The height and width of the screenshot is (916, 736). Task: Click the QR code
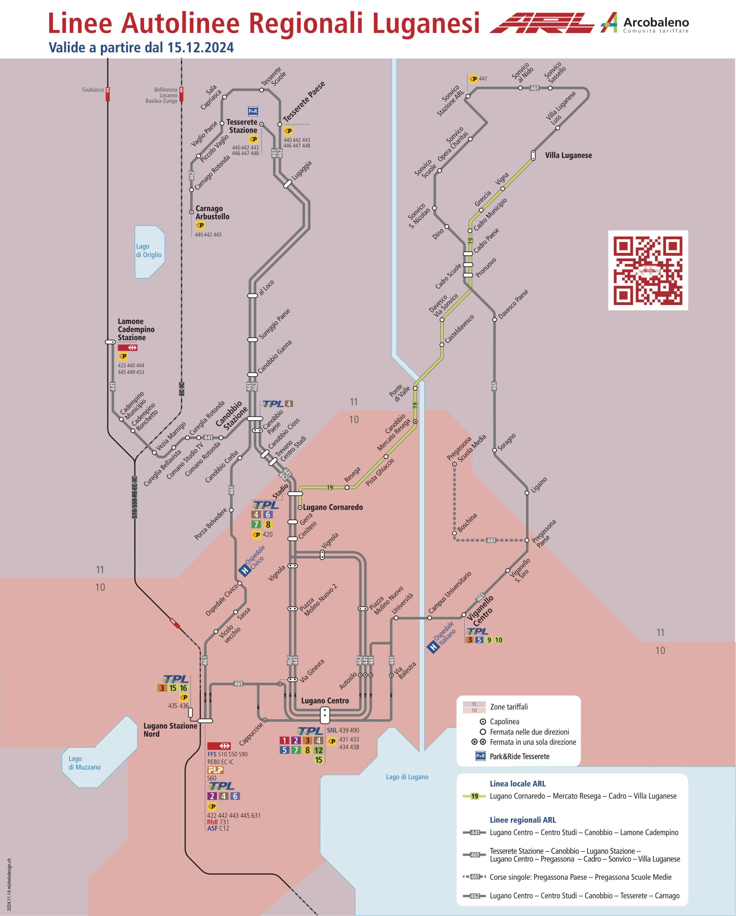[648, 270]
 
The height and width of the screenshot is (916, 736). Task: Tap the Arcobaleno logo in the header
[645, 23]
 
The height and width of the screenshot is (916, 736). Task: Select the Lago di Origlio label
[149, 251]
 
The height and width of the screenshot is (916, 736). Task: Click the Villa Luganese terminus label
[568, 156]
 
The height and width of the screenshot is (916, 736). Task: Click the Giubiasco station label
[93, 90]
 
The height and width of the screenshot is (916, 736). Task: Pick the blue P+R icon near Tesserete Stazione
[253, 111]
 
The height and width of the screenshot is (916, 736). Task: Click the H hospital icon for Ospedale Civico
[245, 571]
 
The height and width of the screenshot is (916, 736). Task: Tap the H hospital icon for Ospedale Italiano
[433, 648]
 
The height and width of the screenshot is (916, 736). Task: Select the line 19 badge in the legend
[475, 796]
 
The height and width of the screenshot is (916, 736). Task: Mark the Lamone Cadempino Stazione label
[136, 329]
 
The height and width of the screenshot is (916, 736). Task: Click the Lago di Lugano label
[407, 777]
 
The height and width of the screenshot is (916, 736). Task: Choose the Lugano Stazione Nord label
[170, 730]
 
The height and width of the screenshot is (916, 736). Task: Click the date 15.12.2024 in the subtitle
[200, 47]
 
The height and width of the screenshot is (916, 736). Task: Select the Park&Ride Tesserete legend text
[520, 756]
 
